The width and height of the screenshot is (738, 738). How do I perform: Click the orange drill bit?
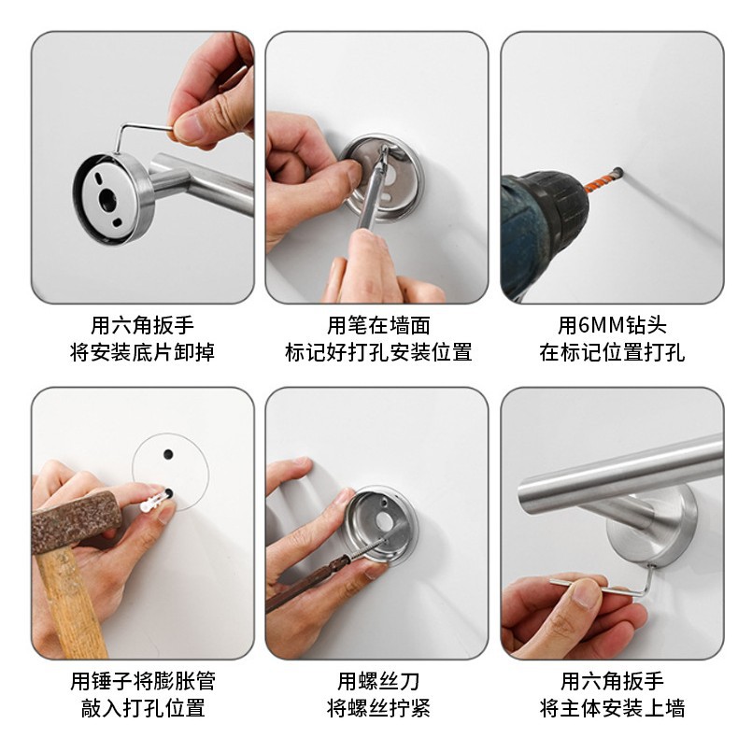click(603, 179)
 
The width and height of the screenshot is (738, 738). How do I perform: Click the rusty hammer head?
click(76, 521)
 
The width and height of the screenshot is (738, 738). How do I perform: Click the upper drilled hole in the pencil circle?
click(168, 455)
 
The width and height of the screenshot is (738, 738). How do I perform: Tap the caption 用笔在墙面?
click(378, 325)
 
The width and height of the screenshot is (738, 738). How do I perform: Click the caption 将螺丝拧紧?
click(378, 707)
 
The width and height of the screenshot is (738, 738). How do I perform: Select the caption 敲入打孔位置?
click(143, 707)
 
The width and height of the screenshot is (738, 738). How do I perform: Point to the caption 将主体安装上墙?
click(612, 707)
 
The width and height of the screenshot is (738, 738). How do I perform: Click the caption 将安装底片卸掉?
click(142, 352)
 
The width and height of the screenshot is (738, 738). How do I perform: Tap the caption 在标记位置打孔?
click(612, 352)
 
